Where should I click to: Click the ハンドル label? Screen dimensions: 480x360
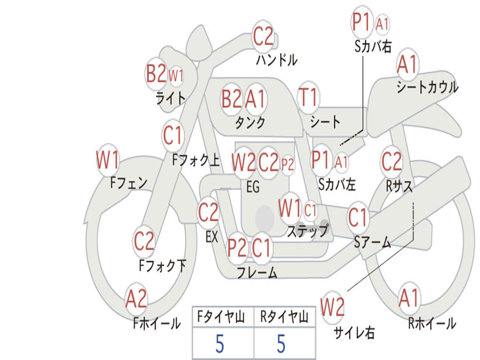[x=277, y=60]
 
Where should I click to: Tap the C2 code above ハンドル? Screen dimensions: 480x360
[x=263, y=36]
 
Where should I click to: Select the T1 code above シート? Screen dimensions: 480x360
[x=308, y=97]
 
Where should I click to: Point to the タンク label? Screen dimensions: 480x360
[x=250, y=122]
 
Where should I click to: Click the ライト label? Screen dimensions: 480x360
[x=171, y=98]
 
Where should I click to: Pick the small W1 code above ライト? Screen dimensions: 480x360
[x=176, y=75]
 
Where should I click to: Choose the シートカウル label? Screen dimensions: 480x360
[x=427, y=87]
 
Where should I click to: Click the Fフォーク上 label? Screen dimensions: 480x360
[x=196, y=160]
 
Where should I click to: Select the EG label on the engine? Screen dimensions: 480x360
[x=253, y=187]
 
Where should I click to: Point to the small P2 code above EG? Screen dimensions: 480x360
[x=287, y=165]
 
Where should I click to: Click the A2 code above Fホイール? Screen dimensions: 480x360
[x=136, y=299]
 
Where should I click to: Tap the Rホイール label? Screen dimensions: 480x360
[x=432, y=323]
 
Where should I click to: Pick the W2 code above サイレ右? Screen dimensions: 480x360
[x=332, y=307]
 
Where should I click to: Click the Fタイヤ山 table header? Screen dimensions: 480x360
[x=221, y=316]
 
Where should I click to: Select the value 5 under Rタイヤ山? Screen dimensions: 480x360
[x=281, y=344]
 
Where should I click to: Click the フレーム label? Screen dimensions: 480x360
[x=257, y=272]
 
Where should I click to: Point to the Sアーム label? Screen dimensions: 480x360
[x=373, y=242]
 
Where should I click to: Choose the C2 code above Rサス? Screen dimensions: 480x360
[x=391, y=161]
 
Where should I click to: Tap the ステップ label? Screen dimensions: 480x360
[x=308, y=231]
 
